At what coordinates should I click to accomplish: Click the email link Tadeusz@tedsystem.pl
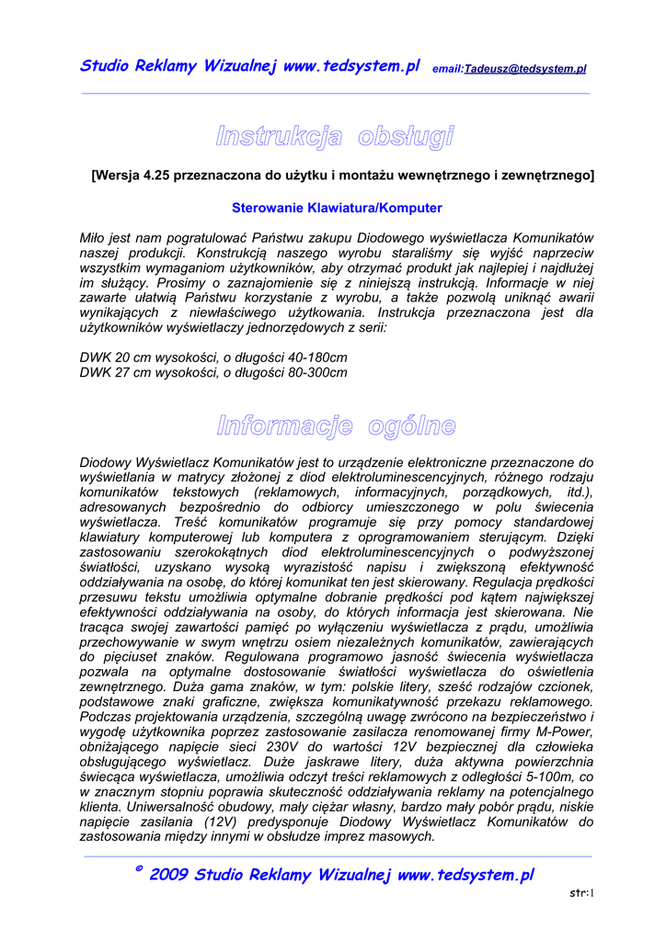pyautogui.click(x=525, y=69)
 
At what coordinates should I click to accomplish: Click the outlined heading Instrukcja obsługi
pyautogui.click(x=335, y=138)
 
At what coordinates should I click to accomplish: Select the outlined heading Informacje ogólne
pyautogui.click(x=336, y=425)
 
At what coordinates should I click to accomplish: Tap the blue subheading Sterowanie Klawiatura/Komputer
pyautogui.click(x=337, y=208)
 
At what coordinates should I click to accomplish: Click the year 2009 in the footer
pyautogui.click(x=169, y=875)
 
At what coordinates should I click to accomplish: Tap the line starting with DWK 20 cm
pyautogui.click(x=213, y=357)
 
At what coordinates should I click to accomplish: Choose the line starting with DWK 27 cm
pyautogui.click(x=213, y=372)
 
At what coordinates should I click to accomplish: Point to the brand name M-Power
pyautogui.click(x=562, y=731)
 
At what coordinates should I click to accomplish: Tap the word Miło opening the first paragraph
pyautogui.click(x=95, y=238)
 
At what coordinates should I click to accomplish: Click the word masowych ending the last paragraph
pyautogui.click(x=400, y=837)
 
